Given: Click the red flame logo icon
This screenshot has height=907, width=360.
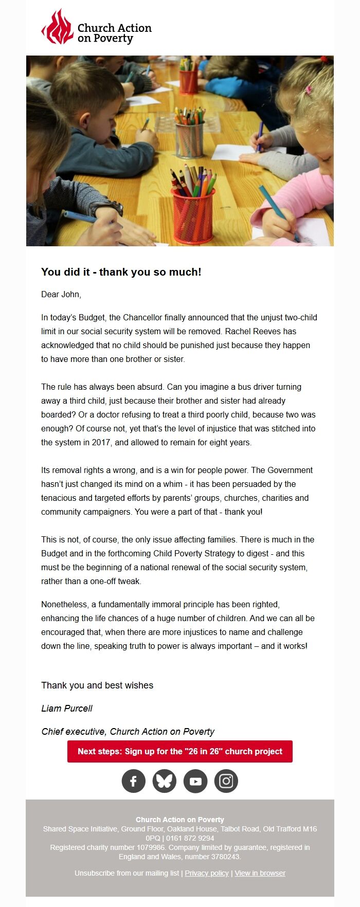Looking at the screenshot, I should click(x=57, y=27).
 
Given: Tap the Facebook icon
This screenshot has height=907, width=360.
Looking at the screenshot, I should click(x=134, y=781).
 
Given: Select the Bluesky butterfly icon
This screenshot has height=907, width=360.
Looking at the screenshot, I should click(x=165, y=781).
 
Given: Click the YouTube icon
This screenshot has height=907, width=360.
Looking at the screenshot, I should click(x=195, y=781).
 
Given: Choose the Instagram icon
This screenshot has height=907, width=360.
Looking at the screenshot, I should click(x=226, y=781).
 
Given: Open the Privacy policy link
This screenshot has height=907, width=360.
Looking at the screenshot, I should click(x=207, y=873).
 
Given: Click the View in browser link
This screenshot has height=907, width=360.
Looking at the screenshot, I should click(x=260, y=873).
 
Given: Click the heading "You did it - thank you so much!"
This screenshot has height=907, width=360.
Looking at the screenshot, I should click(x=121, y=272).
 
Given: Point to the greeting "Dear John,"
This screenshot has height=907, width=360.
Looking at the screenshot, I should click(x=61, y=294).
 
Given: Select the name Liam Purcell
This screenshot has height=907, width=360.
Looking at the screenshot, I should click(x=67, y=708).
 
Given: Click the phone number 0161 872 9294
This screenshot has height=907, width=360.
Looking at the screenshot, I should click(x=190, y=838).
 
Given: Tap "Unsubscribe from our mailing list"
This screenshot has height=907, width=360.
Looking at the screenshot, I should click(x=127, y=873).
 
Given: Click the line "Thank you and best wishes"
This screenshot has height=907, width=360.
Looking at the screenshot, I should click(x=97, y=685).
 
